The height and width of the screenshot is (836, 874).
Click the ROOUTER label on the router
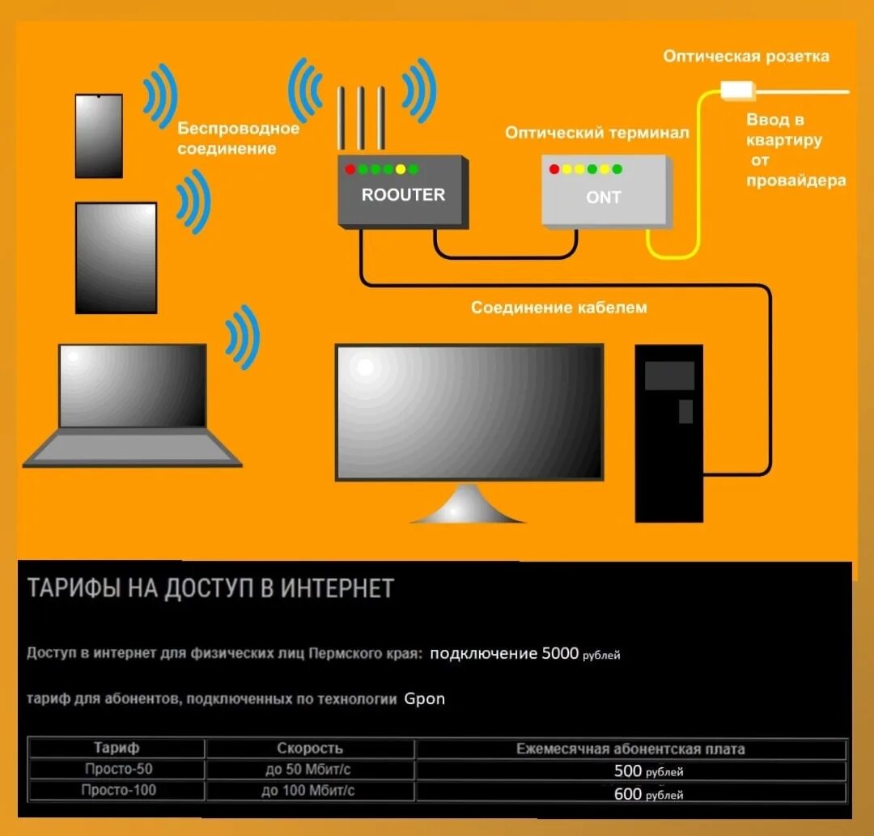coord(403,195)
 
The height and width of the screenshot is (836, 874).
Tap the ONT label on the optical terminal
coord(603,197)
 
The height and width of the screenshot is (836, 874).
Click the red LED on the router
coord(350,169)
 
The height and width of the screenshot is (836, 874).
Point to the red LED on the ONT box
coord(554,169)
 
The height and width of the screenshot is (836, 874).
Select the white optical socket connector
coord(736,89)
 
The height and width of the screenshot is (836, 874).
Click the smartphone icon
coord(99,136)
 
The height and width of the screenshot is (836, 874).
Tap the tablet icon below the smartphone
coord(116,257)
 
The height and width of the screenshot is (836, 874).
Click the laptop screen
coord(133,385)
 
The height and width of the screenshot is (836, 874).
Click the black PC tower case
coord(668,433)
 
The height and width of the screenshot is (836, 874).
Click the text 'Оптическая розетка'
coord(746,56)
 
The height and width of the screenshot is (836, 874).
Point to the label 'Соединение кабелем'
coord(559,308)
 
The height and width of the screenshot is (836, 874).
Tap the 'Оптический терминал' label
coord(597,133)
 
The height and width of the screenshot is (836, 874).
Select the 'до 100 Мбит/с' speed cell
coord(309,791)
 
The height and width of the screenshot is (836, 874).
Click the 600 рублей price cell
coord(647,794)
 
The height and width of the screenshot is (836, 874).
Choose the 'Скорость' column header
coord(309,749)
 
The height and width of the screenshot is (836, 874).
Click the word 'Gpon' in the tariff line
coord(425,698)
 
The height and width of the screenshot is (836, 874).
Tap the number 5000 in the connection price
coord(560,653)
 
